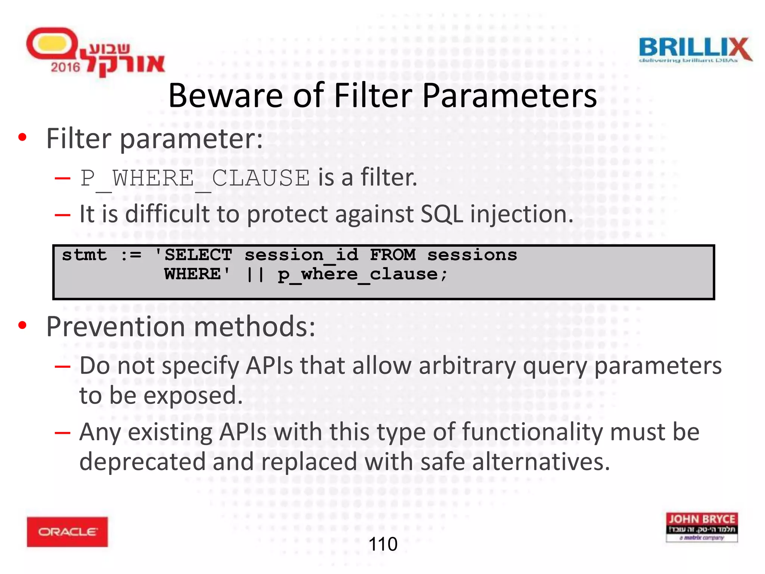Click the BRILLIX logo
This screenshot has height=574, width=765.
pos(695,50)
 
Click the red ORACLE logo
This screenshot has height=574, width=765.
pos(67,531)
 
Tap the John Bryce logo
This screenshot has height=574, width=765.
pos(701,527)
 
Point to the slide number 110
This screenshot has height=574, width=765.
pos(383,544)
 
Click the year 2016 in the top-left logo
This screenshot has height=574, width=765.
pos(65,67)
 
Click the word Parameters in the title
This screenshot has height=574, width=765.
pos(510,96)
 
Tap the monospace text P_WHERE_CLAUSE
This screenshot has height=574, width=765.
pos(195,178)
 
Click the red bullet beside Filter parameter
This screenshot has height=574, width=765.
pos(23,138)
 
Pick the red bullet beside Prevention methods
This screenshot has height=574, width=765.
pos(23,325)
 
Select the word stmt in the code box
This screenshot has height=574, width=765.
pos(84,255)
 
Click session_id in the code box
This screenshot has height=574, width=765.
pos(301,255)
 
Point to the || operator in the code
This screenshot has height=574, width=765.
pos(255,275)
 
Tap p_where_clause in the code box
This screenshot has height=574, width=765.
pos(357,275)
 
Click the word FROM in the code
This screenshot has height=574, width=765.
pos(393,255)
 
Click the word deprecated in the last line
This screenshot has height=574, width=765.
pos(142,462)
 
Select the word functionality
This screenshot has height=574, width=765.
pos(532,432)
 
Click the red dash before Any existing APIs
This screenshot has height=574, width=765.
pos(62,433)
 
